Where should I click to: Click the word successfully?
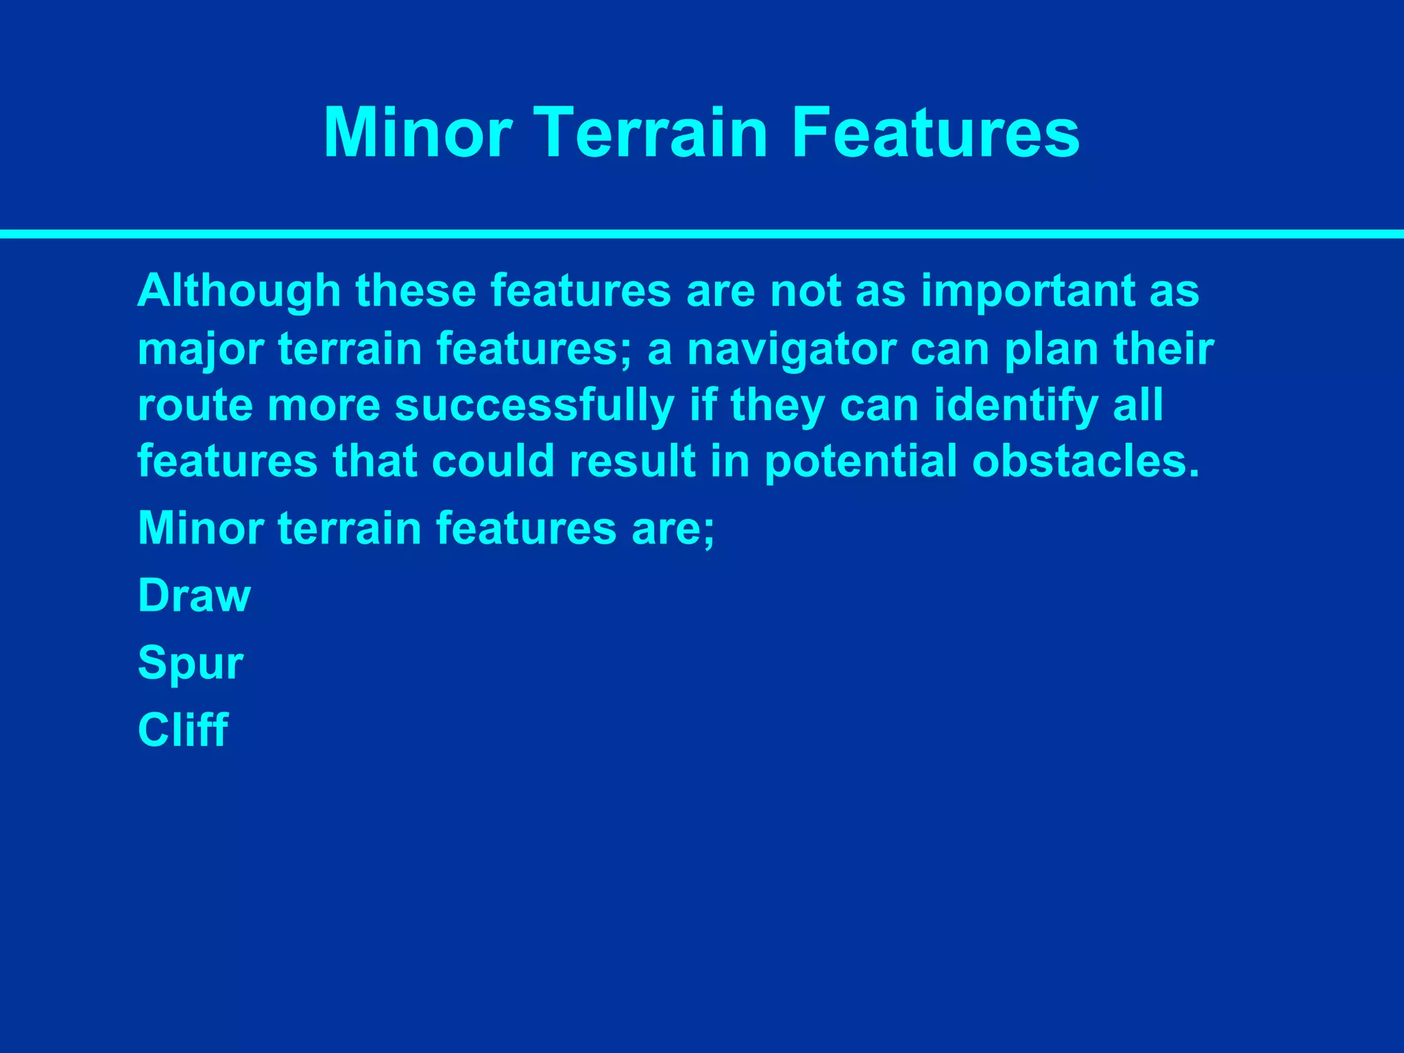click(x=535, y=406)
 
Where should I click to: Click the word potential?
click(x=860, y=461)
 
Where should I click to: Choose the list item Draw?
click(x=194, y=596)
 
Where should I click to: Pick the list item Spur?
click(x=191, y=664)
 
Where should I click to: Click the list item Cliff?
click(x=182, y=729)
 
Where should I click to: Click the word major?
click(x=201, y=350)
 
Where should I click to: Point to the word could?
click(x=493, y=461)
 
